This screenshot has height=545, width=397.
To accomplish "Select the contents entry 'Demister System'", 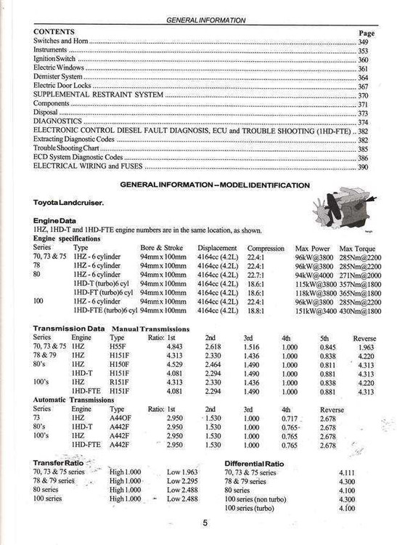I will (58, 76).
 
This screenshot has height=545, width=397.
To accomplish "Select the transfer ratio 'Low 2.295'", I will (183, 481).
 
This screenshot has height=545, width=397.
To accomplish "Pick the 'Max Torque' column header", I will (356, 248).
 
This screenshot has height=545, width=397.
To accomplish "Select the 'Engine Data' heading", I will (55, 220).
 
